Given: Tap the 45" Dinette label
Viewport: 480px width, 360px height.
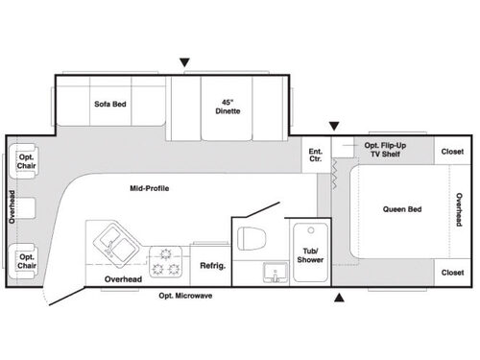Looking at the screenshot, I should pos(228,106).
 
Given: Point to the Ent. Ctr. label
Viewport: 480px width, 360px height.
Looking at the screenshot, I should pos(315,154).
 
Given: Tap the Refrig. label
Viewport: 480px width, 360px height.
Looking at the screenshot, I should pos(211,266).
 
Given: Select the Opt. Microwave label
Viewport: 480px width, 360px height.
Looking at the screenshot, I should pos(185,296).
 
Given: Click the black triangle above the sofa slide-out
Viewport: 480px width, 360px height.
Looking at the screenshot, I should pos(184,63).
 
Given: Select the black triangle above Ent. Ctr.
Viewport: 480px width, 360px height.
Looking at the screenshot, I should pos(334,127).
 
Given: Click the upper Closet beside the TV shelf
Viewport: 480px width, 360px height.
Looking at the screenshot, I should pos(452,152).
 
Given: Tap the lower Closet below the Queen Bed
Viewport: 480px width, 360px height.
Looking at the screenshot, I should pos(452,272).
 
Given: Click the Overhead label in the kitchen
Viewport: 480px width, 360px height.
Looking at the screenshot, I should pos(123,278).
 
